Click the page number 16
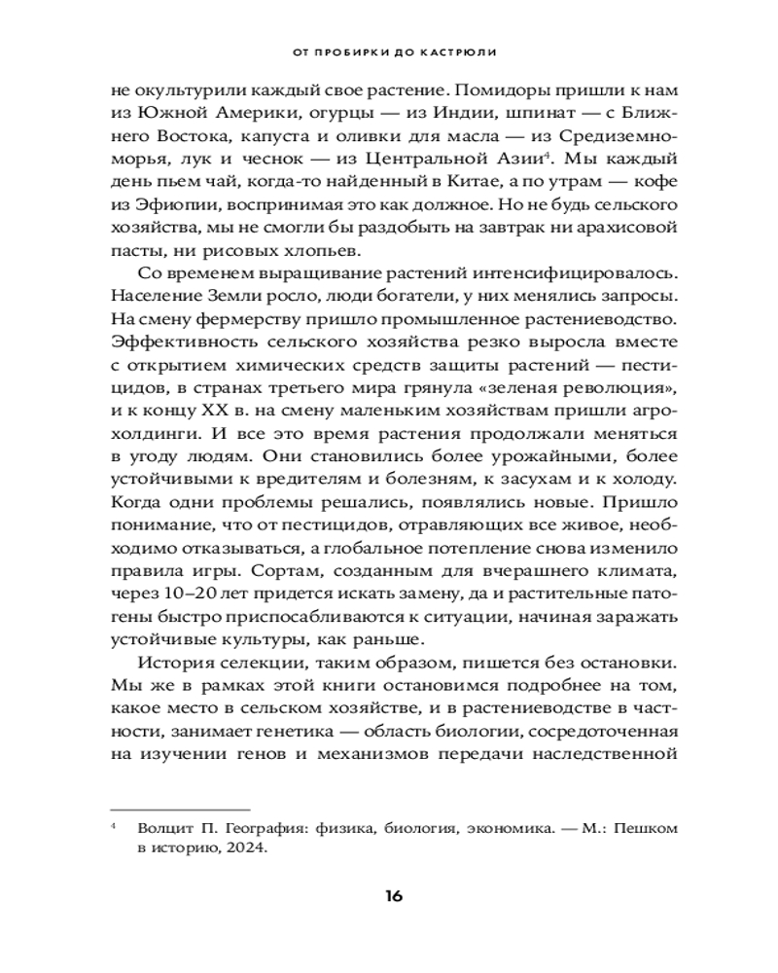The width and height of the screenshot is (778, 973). [x=389, y=896]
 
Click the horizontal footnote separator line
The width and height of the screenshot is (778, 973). [x=180, y=807]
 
